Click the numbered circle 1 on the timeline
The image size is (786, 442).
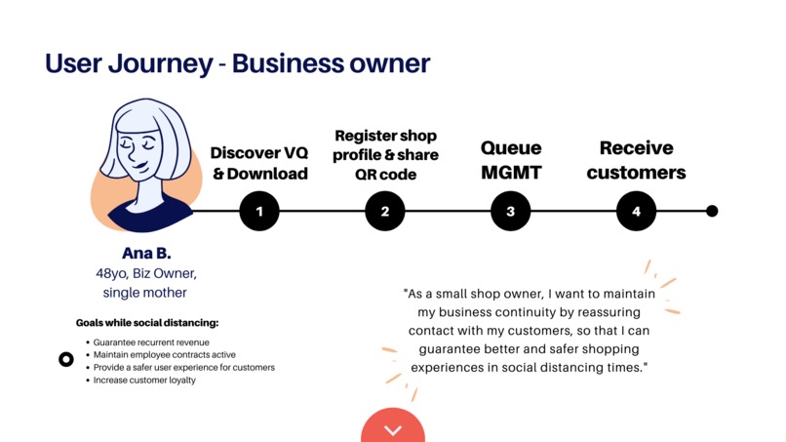[259, 211]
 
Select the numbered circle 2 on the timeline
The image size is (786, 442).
[385, 211]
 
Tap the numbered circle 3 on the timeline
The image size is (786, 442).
[510, 211]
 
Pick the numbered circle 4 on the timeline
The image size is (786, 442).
[636, 211]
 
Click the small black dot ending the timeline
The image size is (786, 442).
[712, 211]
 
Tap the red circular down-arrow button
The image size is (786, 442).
[393, 425]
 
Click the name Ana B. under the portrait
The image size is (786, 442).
[146, 254]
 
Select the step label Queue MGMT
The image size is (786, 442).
[511, 160]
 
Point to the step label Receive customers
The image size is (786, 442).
[636, 160]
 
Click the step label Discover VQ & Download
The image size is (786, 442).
[259, 163]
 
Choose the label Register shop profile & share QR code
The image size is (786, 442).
[385, 155]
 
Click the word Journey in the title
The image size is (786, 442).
[161, 64]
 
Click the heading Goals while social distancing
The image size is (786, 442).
[147, 323]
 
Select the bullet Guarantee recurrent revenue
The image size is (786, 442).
[151, 342]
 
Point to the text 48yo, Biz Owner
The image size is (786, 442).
[146, 273]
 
